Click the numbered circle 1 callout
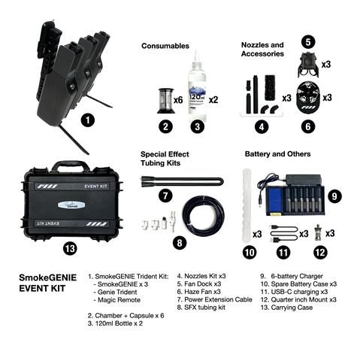pyautogui.click(x=89, y=119)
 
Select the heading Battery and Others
pyautogui.click(x=277, y=153)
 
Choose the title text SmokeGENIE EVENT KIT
pyautogui.click(x=43, y=281)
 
